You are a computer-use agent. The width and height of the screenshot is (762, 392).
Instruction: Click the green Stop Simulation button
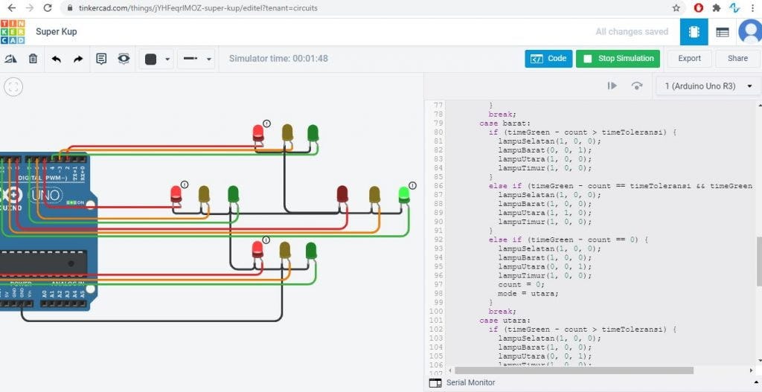coord(618,59)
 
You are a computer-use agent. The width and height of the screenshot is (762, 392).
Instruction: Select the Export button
coord(689,59)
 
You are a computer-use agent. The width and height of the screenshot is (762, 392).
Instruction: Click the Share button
coord(737,59)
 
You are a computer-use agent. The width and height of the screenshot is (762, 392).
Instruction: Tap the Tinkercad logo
coord(13,32)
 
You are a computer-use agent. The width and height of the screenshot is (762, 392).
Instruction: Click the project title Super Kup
coord(57,32)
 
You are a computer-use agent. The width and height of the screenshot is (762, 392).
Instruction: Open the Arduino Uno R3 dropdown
coord(708,86)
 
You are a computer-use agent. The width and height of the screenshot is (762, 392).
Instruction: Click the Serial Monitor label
coord(470,382)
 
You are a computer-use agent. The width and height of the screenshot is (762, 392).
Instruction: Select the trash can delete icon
coord(33,59)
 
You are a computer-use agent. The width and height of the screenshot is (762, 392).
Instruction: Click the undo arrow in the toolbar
coord(56,59)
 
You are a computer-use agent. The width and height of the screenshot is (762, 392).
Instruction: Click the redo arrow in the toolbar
coord(78,59)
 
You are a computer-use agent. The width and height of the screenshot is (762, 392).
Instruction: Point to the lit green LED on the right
coord(404,195)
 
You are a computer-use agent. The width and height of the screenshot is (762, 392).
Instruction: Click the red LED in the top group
coord(258,132)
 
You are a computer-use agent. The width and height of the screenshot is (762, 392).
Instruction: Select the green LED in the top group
coord(313,132)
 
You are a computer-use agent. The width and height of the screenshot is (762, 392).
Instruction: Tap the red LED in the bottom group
coord(257,248)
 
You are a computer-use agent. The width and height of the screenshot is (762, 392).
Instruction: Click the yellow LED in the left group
coord(204,194)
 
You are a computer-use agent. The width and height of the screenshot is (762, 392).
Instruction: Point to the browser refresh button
coord(48,8)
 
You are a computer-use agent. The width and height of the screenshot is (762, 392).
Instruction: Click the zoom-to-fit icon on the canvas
coord(13,87)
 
